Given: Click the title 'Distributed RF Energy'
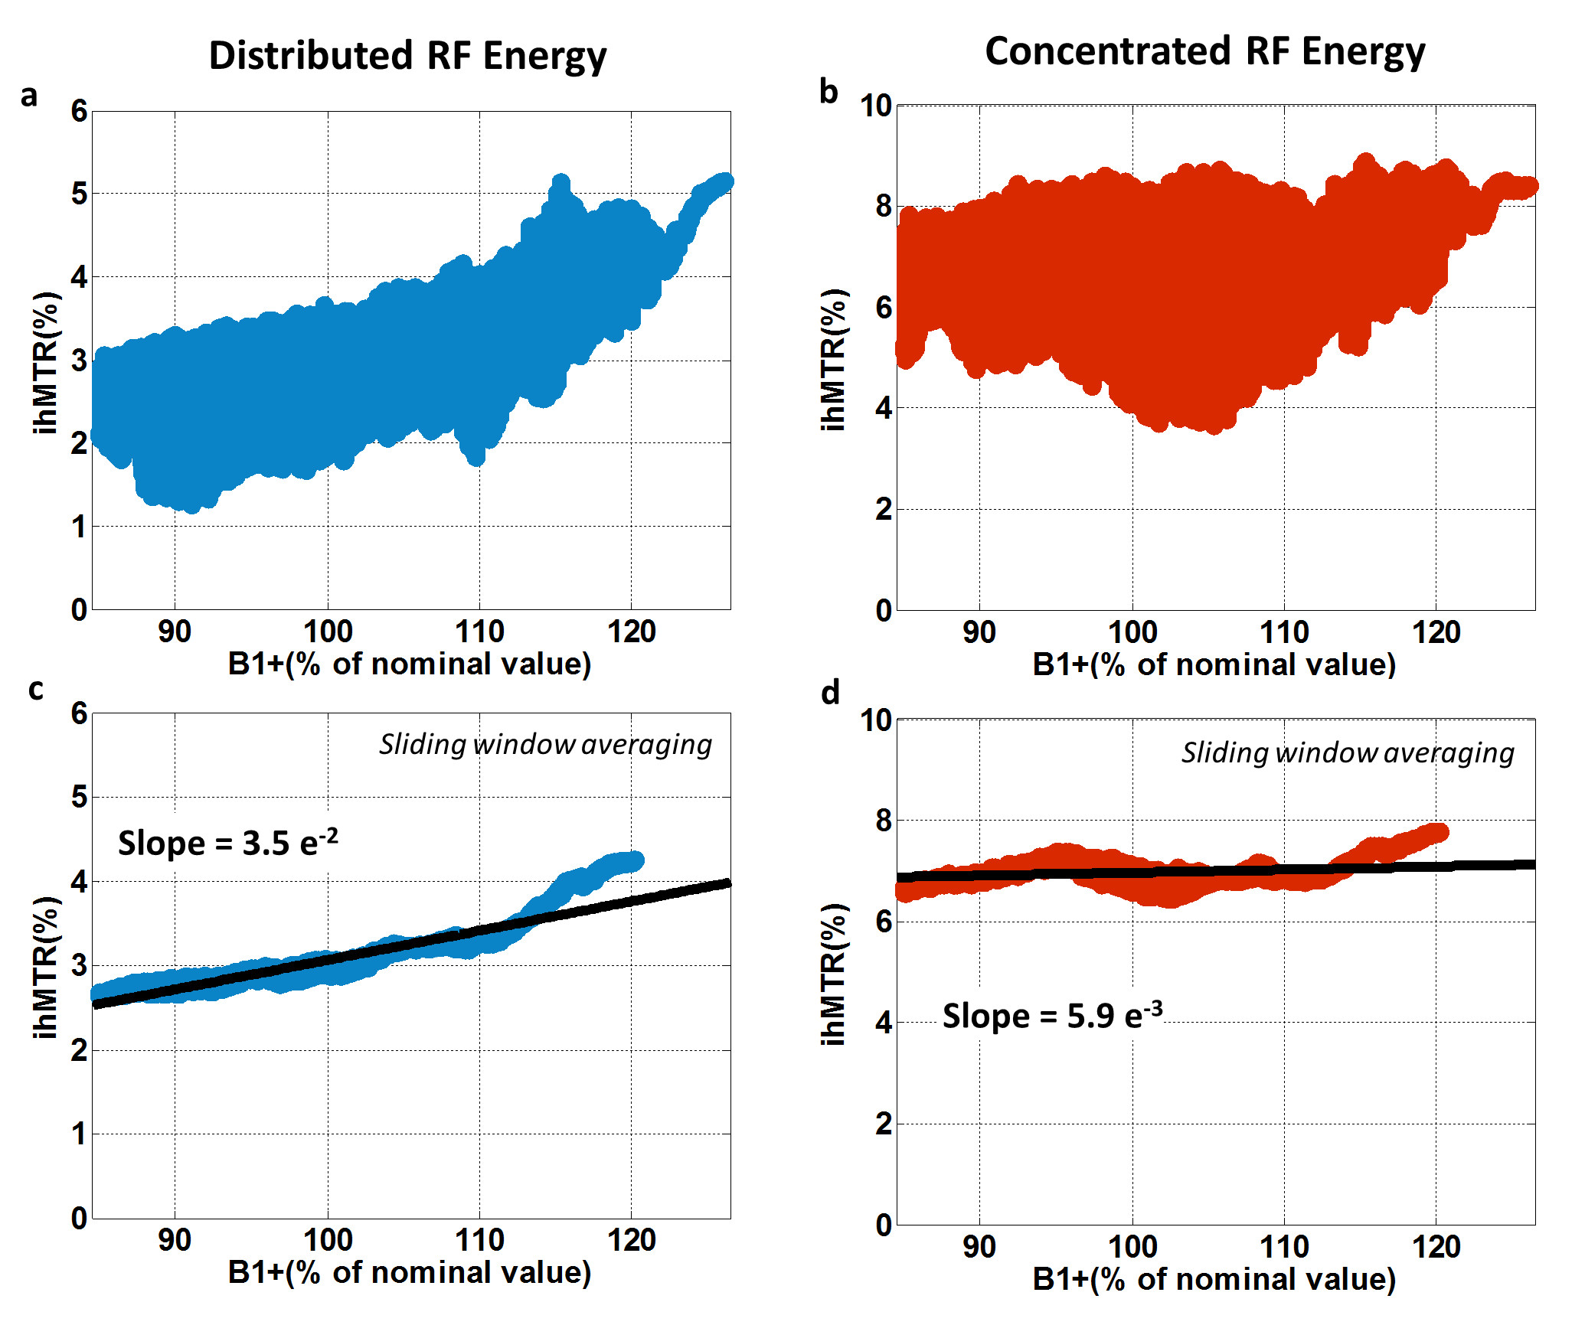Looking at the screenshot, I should tap(407, 57).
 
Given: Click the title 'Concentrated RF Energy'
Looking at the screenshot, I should tap(1204, 52).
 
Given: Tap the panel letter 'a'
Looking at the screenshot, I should tap(29, 96).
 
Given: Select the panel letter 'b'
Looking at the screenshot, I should tap(828, 92).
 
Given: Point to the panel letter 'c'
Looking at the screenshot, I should tap(35, 690).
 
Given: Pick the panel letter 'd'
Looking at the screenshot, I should tap(830, 693).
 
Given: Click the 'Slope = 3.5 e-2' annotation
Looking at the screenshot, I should tap(227, 842).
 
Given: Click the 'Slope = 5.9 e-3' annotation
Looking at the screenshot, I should tap(1052, 1016).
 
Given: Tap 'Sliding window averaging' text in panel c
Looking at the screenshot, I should tap(545, 744).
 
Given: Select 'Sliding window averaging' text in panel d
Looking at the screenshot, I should tap(1348, 752).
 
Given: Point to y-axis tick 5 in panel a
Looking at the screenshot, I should tap(79, 194).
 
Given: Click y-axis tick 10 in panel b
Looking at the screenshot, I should tap(876, 106).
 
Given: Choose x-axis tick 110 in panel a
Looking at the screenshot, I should tap(479, 632).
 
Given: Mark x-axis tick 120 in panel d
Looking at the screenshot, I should tap(1436, 1248).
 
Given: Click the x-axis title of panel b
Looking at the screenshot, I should tap(1214, 664).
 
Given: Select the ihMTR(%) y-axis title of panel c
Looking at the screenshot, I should tap(46, 967).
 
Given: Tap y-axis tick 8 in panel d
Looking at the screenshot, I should tap(884, 821).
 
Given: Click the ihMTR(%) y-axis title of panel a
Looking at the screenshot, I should tap(46, 362).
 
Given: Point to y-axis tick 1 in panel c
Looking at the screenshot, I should tap(79, 1134).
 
